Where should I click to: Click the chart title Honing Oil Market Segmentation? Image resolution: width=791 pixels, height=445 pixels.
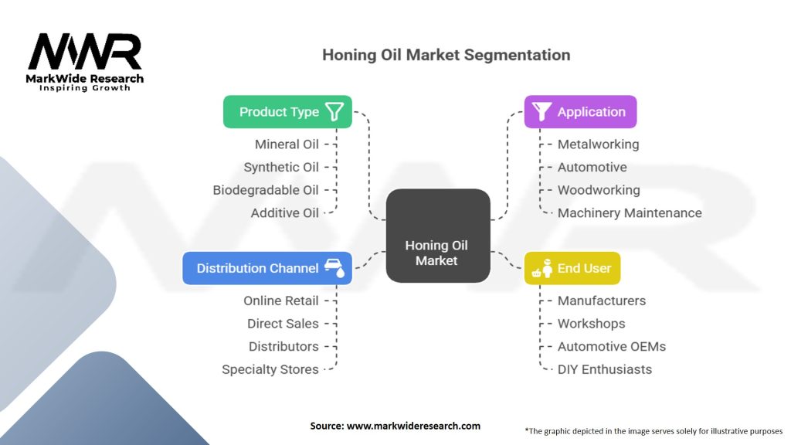click(x=446, y=55)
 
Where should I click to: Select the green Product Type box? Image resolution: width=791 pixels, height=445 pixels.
click(x=287, y=112)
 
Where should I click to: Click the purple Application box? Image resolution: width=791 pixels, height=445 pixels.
click(x=580, y=112)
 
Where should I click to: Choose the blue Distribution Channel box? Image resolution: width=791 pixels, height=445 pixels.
click(x=267, y=268)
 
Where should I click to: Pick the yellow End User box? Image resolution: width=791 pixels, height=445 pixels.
click(x=572, y=268)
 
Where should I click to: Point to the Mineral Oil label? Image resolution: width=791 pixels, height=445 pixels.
click(x=287, y=144)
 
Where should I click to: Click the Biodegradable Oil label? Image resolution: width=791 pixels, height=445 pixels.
click(x=266, y=190)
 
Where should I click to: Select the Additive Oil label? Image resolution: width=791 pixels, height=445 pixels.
click(x=284, y=213)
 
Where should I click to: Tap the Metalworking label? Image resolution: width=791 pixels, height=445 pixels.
click(x=598, y=144)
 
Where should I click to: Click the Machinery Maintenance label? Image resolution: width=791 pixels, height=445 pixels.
click(x=630, y=213)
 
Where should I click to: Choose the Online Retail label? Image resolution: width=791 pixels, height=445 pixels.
click(x=281, y=301)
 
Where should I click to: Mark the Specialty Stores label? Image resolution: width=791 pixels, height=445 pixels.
click(x=270, y=369)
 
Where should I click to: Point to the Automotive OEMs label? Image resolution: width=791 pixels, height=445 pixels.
click(x=612, y=346)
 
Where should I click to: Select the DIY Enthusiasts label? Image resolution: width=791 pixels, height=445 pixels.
click(x=605, y=369)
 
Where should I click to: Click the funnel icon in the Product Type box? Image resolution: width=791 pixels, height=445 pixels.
click(x=334, y=112)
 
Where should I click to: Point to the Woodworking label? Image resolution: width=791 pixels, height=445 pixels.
click(x=599, y=190)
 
